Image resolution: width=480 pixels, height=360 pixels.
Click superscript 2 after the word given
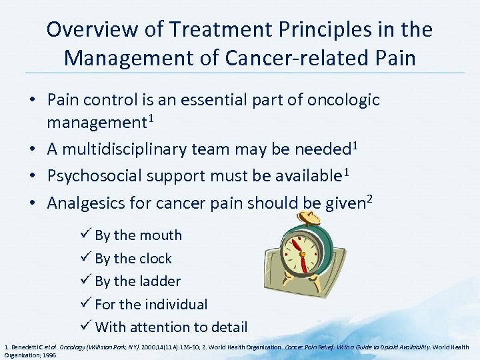coord(368,199)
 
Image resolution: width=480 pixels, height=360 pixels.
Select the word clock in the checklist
coord(154,259)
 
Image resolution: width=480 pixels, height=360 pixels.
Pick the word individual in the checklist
coord(175,305)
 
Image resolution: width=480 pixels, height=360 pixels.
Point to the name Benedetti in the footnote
coord(25,347)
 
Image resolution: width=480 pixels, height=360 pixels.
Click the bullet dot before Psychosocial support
coord(33,177)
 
